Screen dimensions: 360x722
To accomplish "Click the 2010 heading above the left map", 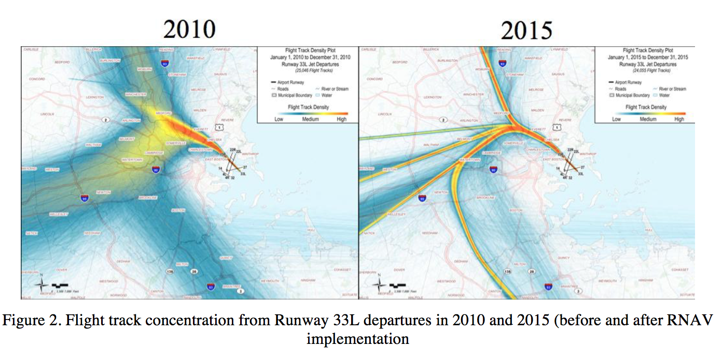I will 189,29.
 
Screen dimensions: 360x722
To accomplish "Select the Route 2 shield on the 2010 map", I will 106,120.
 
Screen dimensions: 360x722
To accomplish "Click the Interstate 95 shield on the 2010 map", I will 84,198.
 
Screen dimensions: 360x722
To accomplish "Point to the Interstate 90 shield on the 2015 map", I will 493,170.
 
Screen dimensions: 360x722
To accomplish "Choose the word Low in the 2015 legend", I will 616,119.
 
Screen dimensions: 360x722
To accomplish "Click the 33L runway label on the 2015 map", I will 580,174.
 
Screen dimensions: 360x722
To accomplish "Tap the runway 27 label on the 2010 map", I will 245,168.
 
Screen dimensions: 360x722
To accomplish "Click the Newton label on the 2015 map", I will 441,192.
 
